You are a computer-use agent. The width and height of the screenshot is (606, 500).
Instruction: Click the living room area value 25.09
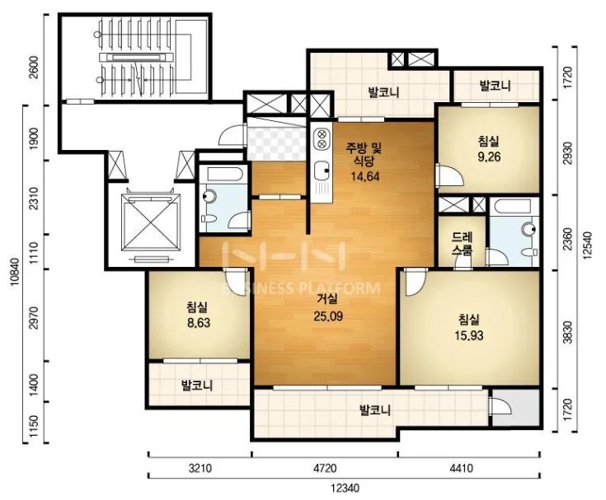tap(328, 316)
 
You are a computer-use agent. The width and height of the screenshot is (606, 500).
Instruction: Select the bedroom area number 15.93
tap(469, 335)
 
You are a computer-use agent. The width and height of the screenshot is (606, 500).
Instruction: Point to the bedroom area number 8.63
tap(199, 322)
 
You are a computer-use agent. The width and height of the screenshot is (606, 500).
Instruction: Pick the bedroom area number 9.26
tap(489, 157)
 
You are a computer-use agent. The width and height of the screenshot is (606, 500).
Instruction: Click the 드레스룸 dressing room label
tap(463, 243)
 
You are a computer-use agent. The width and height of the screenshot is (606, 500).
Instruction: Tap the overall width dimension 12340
tap(345, 488)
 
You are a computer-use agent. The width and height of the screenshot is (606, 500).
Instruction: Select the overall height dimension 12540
tap(587, 245)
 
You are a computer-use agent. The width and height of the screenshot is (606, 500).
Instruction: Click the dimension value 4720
tap(325, 469)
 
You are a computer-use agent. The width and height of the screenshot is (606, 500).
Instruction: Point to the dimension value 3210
tap(200, 469)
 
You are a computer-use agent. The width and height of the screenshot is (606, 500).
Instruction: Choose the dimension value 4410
tap(462, 469)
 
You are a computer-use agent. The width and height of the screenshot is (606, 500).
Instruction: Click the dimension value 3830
tap(567, 333)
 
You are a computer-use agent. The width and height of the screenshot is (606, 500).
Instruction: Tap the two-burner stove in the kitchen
tap(322, 139)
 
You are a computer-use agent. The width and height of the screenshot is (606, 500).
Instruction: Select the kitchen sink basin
tap(322, 171)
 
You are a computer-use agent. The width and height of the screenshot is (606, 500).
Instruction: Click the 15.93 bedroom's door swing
tap(414, 283)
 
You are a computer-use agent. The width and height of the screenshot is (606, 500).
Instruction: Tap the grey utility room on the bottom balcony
tap(516, 409)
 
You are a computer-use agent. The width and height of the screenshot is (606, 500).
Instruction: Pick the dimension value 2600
tap(34, 68)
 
